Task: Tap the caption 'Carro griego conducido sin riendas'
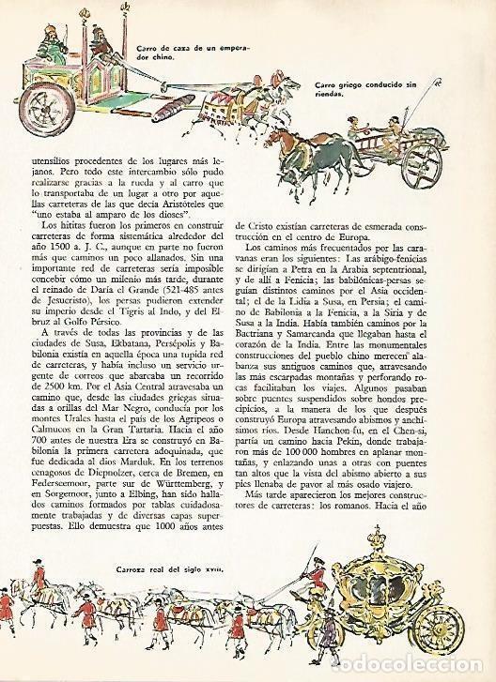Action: click(x=349, y=91)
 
